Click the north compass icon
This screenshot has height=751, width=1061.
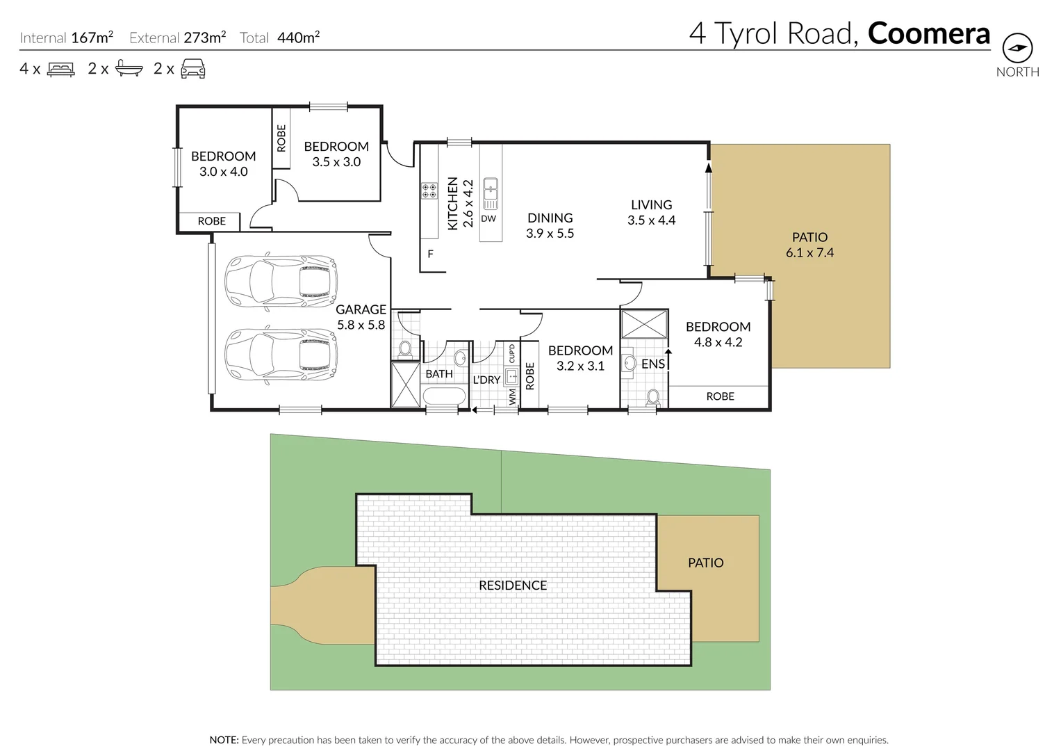[1017, 48]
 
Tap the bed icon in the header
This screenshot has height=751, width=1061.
[61, 70]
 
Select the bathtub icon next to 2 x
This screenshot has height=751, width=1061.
[129, 68]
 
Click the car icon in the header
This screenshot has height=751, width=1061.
[192, 69]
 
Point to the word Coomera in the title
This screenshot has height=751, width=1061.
[928, 33]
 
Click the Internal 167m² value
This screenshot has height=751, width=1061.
[92, 38]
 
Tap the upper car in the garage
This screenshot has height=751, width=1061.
[281, 281]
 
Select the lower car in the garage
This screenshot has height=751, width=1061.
[281, 354]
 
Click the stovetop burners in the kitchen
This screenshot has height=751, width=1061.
[429, 191]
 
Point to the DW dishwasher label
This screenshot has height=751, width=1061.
[488, 218]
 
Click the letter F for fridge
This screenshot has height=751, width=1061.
[430, 255]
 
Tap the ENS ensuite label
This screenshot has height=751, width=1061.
[652, 364]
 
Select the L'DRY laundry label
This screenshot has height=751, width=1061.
[486, 380]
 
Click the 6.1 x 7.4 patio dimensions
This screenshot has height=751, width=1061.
[809, 253]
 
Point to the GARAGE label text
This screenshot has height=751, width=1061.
[361, 309]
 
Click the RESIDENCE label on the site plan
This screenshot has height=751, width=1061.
[513, 586]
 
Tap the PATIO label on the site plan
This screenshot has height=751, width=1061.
[705, 563]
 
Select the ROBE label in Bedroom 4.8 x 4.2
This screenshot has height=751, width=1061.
[720, 396]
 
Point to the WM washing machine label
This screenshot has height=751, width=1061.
[513, 396]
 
